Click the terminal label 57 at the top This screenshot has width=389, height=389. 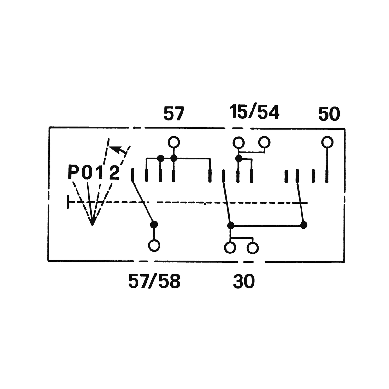[x=174, y=114]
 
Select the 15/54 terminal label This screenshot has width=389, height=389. [x=254, y=112]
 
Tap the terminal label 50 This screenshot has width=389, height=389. [x=329, y=114]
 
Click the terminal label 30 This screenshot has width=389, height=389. [x=244, y=281]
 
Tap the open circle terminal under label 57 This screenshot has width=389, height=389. [x=174, y=142]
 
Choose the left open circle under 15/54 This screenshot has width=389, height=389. [x=239, y=142]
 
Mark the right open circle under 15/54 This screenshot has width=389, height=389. [x=264, y=142]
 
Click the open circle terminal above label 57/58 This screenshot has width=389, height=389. [x=154, y=245]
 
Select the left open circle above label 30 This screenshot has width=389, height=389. [x=230, y=248]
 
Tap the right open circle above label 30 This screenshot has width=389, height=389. [x=253, y=248]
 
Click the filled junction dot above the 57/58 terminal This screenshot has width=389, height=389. [x=154, y=224]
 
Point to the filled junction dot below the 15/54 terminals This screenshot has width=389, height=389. [x=239, y=159]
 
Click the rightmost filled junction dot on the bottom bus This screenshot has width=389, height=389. [x=303, y=225]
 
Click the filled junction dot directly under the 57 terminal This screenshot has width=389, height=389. [x=174, y=158]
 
